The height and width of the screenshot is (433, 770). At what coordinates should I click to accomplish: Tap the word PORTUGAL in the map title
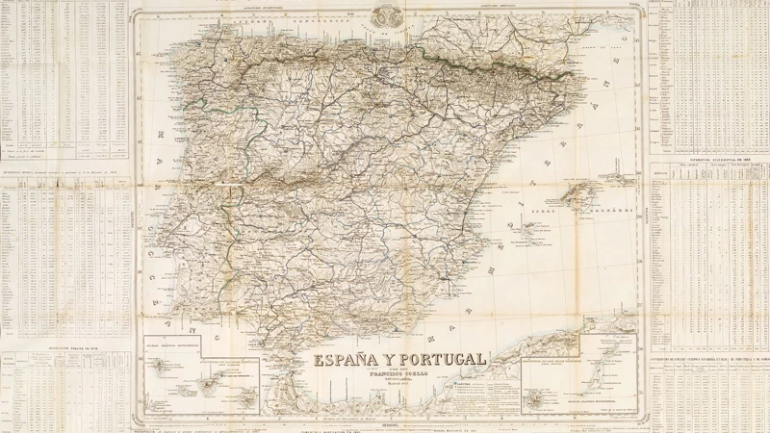pyautogui.click(x=440, y=360)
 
